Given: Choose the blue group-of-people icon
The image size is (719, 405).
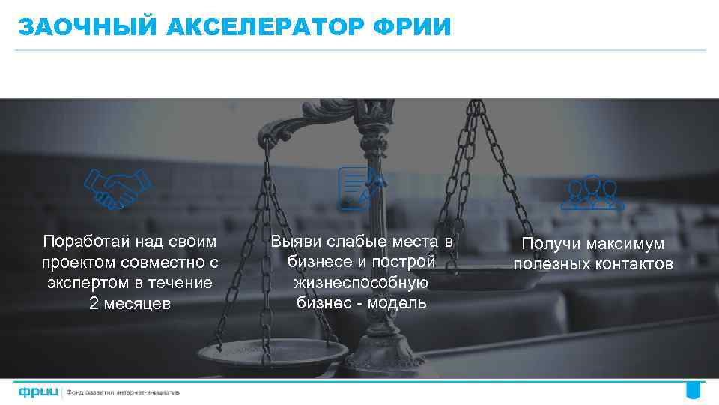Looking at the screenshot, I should [592, 192].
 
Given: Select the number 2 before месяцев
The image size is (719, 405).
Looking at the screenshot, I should [94, 303].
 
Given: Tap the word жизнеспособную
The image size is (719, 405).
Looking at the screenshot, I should [362, 283].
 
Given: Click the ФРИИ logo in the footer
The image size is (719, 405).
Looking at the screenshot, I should [38, 391].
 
